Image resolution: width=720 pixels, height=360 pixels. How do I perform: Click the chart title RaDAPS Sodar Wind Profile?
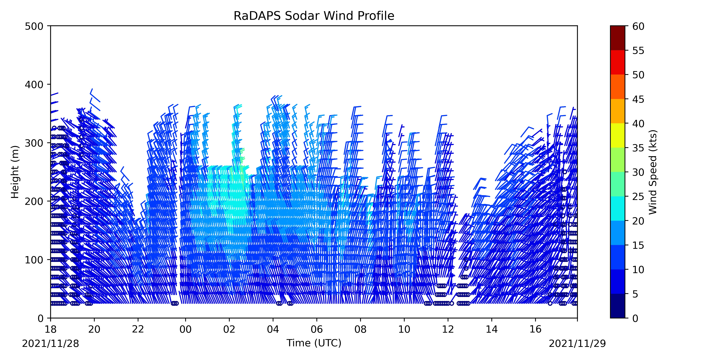(x=314, y=16)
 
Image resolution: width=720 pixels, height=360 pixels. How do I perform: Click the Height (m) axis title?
(x=15, y=172)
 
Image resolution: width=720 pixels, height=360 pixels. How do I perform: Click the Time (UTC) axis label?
(x=314, y=343)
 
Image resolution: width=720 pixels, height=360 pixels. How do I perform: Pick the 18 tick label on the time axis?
(x=51, y=329)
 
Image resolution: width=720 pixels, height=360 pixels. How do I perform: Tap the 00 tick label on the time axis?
(x=185, y=329)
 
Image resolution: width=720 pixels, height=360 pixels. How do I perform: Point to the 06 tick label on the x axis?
(x=317, y=329)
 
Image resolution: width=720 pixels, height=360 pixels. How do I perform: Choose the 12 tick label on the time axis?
(x=448, y=329)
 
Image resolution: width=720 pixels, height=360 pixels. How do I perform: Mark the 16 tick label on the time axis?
(x=535, y=329)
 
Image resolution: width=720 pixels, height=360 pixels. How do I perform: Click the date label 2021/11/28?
(x=51, y=343)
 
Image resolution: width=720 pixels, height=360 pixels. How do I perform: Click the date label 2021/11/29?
(x=577, y=343)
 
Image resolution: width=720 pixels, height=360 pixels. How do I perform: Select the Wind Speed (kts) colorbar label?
(x=653, y=172)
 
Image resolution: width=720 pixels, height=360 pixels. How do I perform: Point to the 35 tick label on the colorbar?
(x=638, y=148)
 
